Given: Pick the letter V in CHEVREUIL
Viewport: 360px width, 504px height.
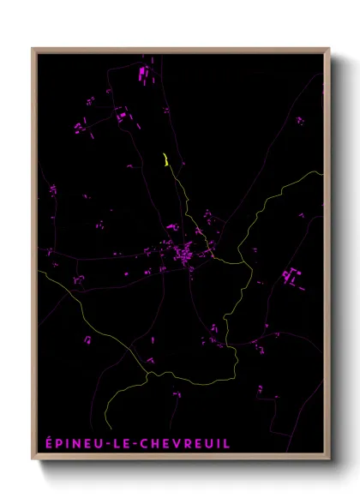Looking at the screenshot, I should pyautogui.click(x=177, y=443).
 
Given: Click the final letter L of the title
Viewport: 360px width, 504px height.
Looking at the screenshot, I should pyautogui.click(x=227, y=443).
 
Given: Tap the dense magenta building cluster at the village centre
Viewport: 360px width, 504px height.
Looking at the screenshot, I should pyautogui.click(x=184, y=255).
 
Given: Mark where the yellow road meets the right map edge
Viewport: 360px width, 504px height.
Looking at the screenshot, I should pyautogui.click(x=323, y=172).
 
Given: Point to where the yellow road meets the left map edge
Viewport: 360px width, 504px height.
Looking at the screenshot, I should pyautogui.click(x=38, y=272).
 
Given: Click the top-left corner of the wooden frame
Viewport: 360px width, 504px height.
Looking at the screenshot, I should pyautogui.click(x=32, y=48).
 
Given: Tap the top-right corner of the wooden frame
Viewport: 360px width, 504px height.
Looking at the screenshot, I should pyautogui.click(x=330, y=48).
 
